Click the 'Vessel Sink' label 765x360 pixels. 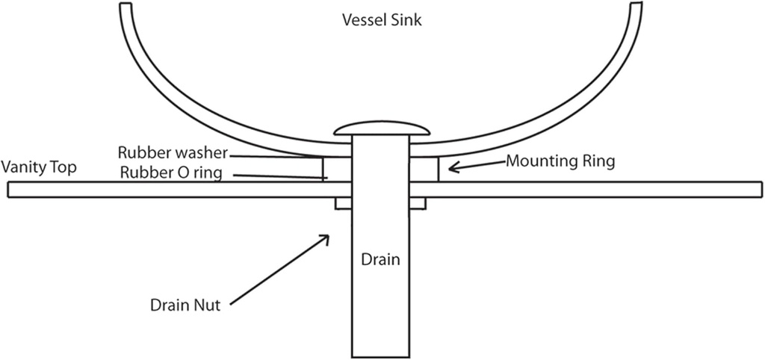point(382,20)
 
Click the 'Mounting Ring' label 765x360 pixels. point(560,161)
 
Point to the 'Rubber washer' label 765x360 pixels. point(172,153)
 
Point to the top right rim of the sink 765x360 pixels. point(636,7)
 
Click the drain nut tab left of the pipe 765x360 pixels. point(344,203)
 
